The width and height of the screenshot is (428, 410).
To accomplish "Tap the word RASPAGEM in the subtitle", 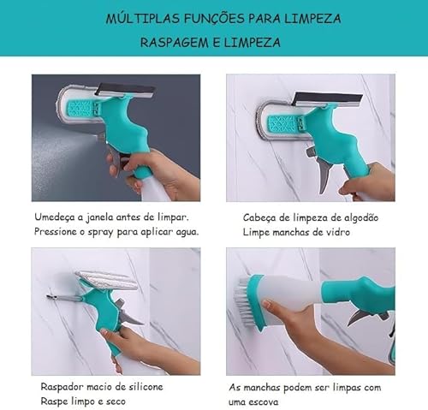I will pyautogui.click(x=170, y=42).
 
